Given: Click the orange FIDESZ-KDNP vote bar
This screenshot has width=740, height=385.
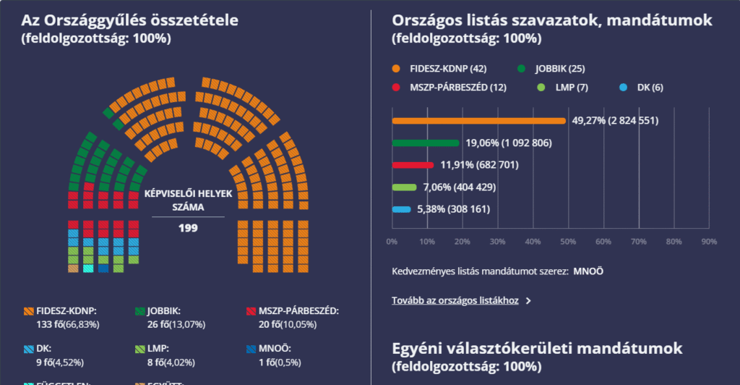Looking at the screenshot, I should [x=478, y=121].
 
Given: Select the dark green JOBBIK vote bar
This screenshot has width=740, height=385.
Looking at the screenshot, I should [x=425, y=143].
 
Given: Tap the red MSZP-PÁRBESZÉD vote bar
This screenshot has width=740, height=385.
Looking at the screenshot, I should [x=413, y=165].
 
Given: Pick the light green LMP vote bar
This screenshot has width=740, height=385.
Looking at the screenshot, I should [x=404, y=187].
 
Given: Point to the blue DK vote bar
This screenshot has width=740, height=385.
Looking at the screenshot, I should [x=401, y=210].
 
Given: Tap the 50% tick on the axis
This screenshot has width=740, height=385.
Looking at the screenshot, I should [x=568, y=242].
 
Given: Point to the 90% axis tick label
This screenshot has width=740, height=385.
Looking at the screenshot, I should [x=709, y=242].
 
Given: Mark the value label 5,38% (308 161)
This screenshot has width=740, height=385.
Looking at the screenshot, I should [x=454, y=210].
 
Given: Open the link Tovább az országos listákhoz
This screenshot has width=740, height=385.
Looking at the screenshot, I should [x=455, y=300].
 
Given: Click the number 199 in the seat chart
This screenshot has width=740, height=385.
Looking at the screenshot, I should [x=188, y=228].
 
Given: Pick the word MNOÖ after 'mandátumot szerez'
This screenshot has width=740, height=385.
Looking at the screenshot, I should [x=588, y=272].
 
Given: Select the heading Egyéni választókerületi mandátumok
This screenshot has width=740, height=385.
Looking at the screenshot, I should [x=537, y=349].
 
